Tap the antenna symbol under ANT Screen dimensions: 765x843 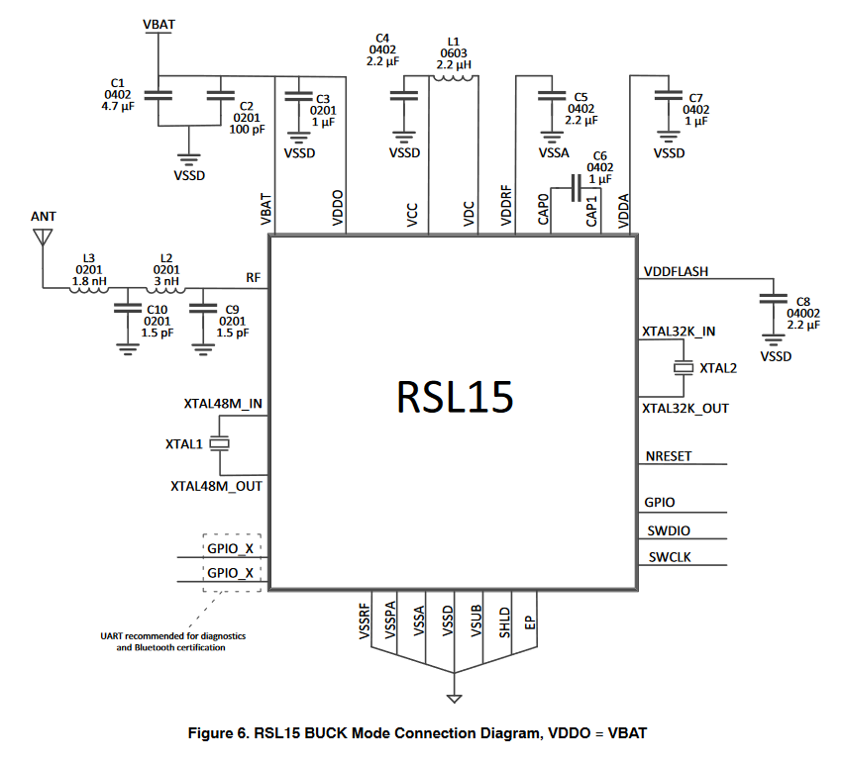pyautogui.click(x=42, y=238)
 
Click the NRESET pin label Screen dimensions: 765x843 pyautogui.click(x=669, y=456)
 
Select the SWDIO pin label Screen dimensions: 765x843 pyautogui.click(x=668, y=530)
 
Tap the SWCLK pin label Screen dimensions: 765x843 pyautogui.click(x=670, y=557)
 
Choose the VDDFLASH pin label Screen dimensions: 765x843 pyautogui.click(x=677, y=270)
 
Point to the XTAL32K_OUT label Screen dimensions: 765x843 pyautogui.click(x=685, y=407)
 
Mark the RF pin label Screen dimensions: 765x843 pyautogui.click(x=254, y=278)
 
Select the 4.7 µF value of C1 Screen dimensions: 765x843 pyautogui.click(x=117, y=107)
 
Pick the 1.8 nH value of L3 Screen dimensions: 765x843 pyautogui.click(x=88, y=281)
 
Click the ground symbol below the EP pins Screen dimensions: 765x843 pyautogui.click(x=455, y=699)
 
